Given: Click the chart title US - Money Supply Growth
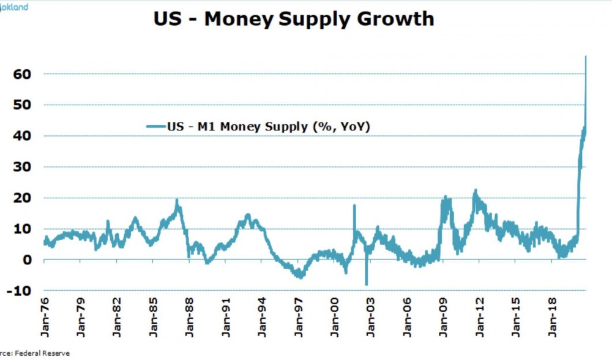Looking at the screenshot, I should point(294,19).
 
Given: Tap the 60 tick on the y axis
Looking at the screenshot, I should point(21,74).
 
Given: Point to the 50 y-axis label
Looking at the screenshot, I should point(21,105).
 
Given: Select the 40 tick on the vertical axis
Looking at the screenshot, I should point(21,136).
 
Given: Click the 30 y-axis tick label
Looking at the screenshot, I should point(21,167).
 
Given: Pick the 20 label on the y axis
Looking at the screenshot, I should point(21,198).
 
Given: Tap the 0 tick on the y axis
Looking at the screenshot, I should point(27,260).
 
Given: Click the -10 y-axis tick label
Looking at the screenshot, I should point(19,291).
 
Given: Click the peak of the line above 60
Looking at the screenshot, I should point(586,57).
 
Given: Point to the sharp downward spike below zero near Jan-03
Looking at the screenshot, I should point(367,284).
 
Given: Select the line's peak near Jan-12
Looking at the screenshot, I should point(475,190).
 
